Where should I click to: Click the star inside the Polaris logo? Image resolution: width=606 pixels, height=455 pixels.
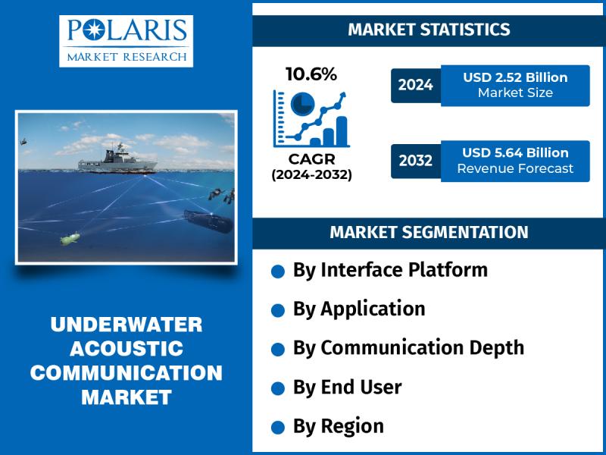pos(94,30)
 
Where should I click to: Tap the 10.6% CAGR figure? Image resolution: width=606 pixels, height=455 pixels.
pos(311,74)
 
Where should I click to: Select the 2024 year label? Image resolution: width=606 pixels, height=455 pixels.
pos(415,85)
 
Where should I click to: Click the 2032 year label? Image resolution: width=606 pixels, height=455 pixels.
pos(415,160)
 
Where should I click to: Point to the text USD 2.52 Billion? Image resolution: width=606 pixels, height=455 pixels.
pos(515,77)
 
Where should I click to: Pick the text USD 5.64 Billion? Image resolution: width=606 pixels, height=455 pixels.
pos(515,153)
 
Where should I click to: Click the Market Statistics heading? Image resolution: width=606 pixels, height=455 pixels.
pos(429,30)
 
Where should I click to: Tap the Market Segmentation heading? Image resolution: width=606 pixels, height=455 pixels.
pos(429,232)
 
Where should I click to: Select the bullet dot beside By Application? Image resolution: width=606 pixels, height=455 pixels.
pos(278,310)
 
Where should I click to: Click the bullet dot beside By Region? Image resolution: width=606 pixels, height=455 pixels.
pos(278,428)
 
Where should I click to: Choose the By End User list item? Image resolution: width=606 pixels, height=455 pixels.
pos(348,387)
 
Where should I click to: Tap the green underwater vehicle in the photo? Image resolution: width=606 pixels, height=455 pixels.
pos(70,238)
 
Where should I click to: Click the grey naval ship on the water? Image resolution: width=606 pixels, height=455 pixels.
pos(117,160)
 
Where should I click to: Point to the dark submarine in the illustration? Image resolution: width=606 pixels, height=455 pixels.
pos(208,221)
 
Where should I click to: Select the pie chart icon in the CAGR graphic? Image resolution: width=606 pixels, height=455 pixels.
pos(302,104)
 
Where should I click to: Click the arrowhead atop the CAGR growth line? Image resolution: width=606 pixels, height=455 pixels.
pos(342,96)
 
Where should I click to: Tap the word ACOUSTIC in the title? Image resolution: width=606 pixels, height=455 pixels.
pos(127,348)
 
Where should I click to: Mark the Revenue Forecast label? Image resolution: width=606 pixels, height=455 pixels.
pos(515,168)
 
